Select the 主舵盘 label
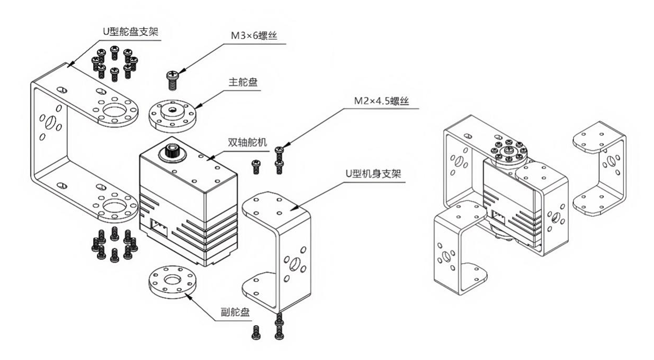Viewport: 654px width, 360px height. [240, 83]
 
